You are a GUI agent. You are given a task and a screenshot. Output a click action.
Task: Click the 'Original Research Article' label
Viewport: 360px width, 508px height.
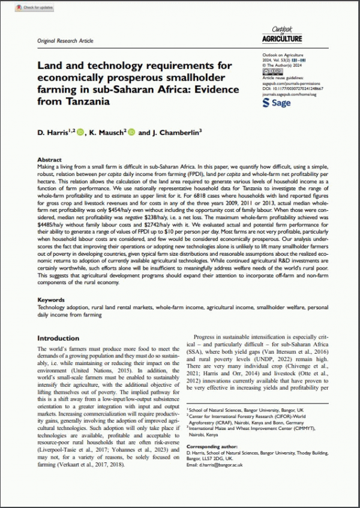pyautogui.click(x=65, y=41)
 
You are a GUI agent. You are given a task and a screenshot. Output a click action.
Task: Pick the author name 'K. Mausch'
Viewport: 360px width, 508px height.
pyautogui.click(x=106, y=132)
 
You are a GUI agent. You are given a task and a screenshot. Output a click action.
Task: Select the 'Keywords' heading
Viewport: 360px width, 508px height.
pyautogui.click(x=51, y=299)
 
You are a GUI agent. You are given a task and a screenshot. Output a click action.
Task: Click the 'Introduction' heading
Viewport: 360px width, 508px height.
pyautogui.click(x=58, y=339)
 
